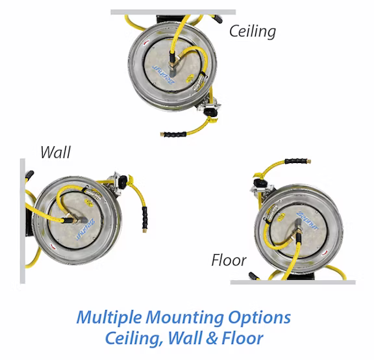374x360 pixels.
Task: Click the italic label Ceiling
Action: pyautogui.click(x=253, y=31)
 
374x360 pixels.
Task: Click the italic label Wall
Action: pyautogui.click(x=56, y=152)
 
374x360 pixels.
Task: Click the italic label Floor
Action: pyautogui.click(x=229, y=260)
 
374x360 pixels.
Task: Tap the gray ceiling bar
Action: pyautogui.click(x=173, y=12)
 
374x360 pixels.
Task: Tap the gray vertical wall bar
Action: pyautogui.click(x=23, y=221)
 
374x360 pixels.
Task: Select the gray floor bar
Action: pyautogui.click(x=293, y=283)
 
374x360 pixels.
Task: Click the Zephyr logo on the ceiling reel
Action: pyautogui.click(x=164, y=75)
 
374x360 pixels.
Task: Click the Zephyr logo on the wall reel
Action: pyautogui.click(x=86, y=229)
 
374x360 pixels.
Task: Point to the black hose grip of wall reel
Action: pyautogui.click(x=145, y=218)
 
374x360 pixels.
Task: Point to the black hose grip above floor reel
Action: pyautogui.click(x=296, y=161)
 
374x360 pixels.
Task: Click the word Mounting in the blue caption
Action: pyautogui.click(x=184, y=318)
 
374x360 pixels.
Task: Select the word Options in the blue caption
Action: pyautogui.click(x=259, y=318)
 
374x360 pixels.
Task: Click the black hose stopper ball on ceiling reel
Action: pyautogui.click(x=210, y=112)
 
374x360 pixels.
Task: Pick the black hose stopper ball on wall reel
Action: pyautogui.click(x=123, y=182)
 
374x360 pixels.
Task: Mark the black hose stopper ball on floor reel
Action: pyautogui.click(x=260, y=183)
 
